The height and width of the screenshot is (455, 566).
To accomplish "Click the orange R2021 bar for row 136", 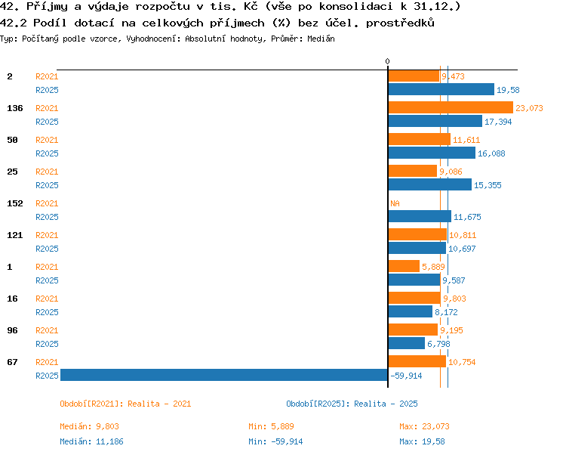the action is coord(451,107).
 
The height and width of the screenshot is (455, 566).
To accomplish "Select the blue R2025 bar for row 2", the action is coord(441,89).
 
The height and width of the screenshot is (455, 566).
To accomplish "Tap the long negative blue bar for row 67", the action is coord(224,375).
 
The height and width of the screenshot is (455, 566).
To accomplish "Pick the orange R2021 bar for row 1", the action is coord(404,266).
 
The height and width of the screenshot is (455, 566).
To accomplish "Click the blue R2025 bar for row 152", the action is coord(420,216).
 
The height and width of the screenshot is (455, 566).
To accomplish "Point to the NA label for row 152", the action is coord(395,203).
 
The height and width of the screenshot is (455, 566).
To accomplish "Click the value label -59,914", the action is coord(406,376).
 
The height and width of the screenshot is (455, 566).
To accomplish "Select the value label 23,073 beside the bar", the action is coord(529,108).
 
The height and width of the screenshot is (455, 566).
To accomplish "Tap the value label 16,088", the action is coord(491,153).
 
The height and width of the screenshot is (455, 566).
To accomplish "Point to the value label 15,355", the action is coord(488,185).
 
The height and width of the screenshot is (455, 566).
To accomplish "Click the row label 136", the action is coord(15,108).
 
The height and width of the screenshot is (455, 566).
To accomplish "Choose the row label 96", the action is coord(12,330).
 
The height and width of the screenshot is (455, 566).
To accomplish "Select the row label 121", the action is coord(15,235).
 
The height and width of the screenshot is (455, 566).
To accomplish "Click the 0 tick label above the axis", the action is coord(388,61).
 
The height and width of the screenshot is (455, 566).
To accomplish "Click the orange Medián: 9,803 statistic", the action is coord(89,426).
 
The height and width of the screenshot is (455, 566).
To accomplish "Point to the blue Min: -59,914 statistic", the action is coord(275,441).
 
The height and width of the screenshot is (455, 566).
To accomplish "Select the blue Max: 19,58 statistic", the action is coord(422,441).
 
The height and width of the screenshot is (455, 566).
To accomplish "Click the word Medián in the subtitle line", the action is coord(321,39).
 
